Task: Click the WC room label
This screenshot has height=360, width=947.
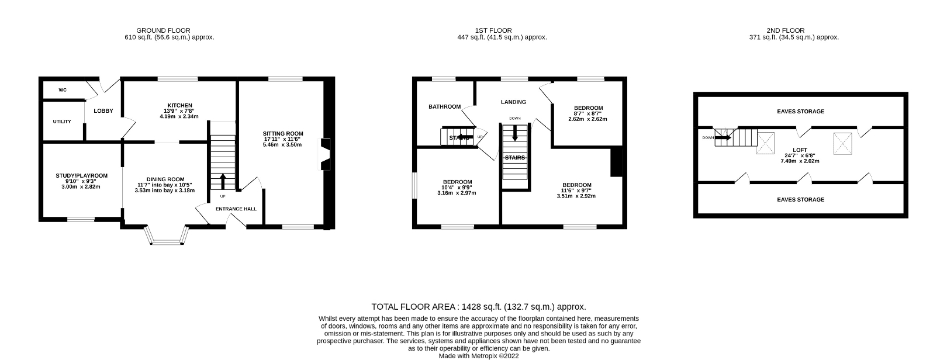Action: (x=63, y=90)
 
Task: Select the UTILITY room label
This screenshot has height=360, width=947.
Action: (x=62, y=122)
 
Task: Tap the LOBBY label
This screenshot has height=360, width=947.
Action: (x=103, y=111)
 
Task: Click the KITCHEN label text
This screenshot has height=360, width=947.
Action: (x=179, y=106)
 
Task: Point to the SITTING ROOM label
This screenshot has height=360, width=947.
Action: (x=282, y=134)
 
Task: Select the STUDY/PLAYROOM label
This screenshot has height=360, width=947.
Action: (x=81, y=176)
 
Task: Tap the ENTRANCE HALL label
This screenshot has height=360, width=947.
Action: (x=236, y=209)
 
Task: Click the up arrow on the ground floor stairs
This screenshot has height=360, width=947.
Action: (x=222, y=181)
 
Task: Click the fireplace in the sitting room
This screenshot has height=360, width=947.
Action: (x=325, y=153)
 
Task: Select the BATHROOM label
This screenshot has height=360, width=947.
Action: (x=444, y=107)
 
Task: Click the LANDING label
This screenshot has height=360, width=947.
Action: (x=513, y=102)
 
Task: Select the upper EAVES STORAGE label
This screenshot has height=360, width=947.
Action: (x=800, y=112)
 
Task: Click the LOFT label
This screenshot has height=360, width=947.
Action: (x=800, y=150)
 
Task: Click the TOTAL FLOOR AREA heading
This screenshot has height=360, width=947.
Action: (x=478, y=307)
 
